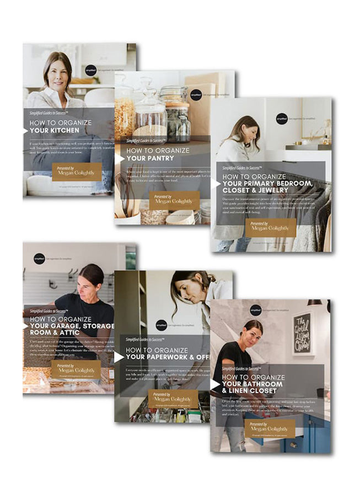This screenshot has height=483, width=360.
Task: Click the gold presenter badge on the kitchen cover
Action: pos(77,172)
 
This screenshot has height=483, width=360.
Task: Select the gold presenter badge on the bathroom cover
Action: pos(270,427)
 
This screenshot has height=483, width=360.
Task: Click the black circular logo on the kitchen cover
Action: pos(91,70)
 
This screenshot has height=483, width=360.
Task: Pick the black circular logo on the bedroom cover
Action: pos(282,119)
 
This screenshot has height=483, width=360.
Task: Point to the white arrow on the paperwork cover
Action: pos(119,357)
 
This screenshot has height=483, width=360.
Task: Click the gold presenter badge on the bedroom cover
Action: pos(270,227)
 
